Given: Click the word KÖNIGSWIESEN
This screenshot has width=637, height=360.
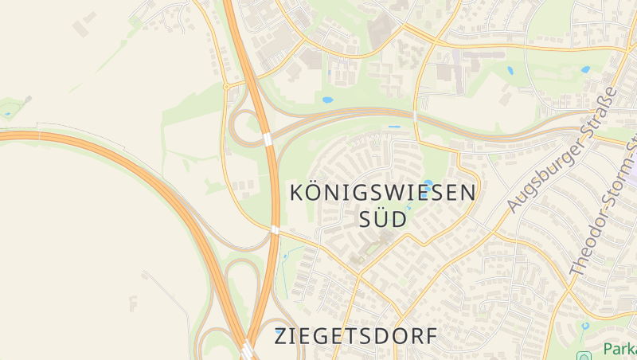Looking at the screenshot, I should tap(383, 193).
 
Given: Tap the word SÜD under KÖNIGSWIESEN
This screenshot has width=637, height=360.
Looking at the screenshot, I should tap(383, 218).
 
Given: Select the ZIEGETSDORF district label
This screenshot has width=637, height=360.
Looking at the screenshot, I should tap(356, 336).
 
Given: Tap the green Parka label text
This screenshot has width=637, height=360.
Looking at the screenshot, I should tap(619, 349).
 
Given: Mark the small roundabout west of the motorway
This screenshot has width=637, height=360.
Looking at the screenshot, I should tap(226, 85).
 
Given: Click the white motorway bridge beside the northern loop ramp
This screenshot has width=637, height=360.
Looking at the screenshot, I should tap(268, 139).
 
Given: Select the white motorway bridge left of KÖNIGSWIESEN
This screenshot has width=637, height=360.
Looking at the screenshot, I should tap(275, 230).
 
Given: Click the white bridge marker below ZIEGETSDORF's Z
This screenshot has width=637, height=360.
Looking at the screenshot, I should tap(248, 350).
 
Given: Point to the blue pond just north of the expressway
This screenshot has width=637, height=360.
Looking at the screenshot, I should tap(327, 100).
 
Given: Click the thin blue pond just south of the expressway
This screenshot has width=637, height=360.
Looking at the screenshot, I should tap(394, 127).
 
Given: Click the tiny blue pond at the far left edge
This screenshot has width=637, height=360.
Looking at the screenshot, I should tap(8, 114).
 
